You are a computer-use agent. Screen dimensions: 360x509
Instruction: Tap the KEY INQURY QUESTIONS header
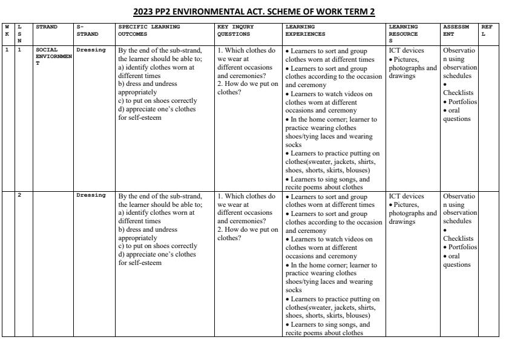coord(235,30)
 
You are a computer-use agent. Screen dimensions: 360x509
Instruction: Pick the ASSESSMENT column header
coord(456,30)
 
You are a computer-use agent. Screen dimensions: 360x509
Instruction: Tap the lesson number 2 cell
coord(19,195)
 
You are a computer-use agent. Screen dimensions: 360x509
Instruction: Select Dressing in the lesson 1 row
coord(91,50)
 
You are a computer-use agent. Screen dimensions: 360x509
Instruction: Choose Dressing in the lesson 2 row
coord(91,195)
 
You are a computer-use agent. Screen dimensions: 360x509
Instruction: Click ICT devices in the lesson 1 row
coord(407,50)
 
